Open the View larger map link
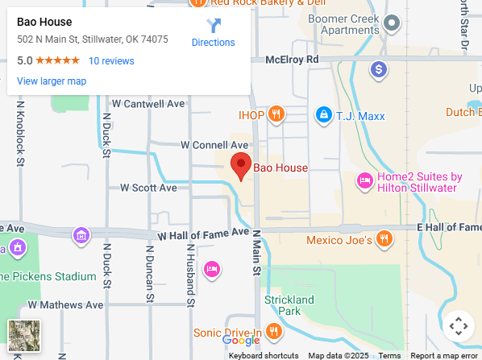click(x=52, y=81)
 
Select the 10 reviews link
click(x=111, y=61)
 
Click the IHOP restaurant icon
click(x=277, y=114)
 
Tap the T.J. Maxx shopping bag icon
click(x=323, y=114)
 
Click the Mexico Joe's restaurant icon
click(x=384, y=239)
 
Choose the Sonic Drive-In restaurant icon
click(x=274, y=331)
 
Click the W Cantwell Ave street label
click(x=148, y=104)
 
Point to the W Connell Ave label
click(x=214, y=145)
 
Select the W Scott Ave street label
click(x=148, y=188)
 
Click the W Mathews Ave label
click(x=65, y=305)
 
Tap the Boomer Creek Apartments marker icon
click(x=392, y=23)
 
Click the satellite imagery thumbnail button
click(x=23, y=335)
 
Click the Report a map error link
click(x=443, y=355)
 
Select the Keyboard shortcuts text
click(x=264, y=355)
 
